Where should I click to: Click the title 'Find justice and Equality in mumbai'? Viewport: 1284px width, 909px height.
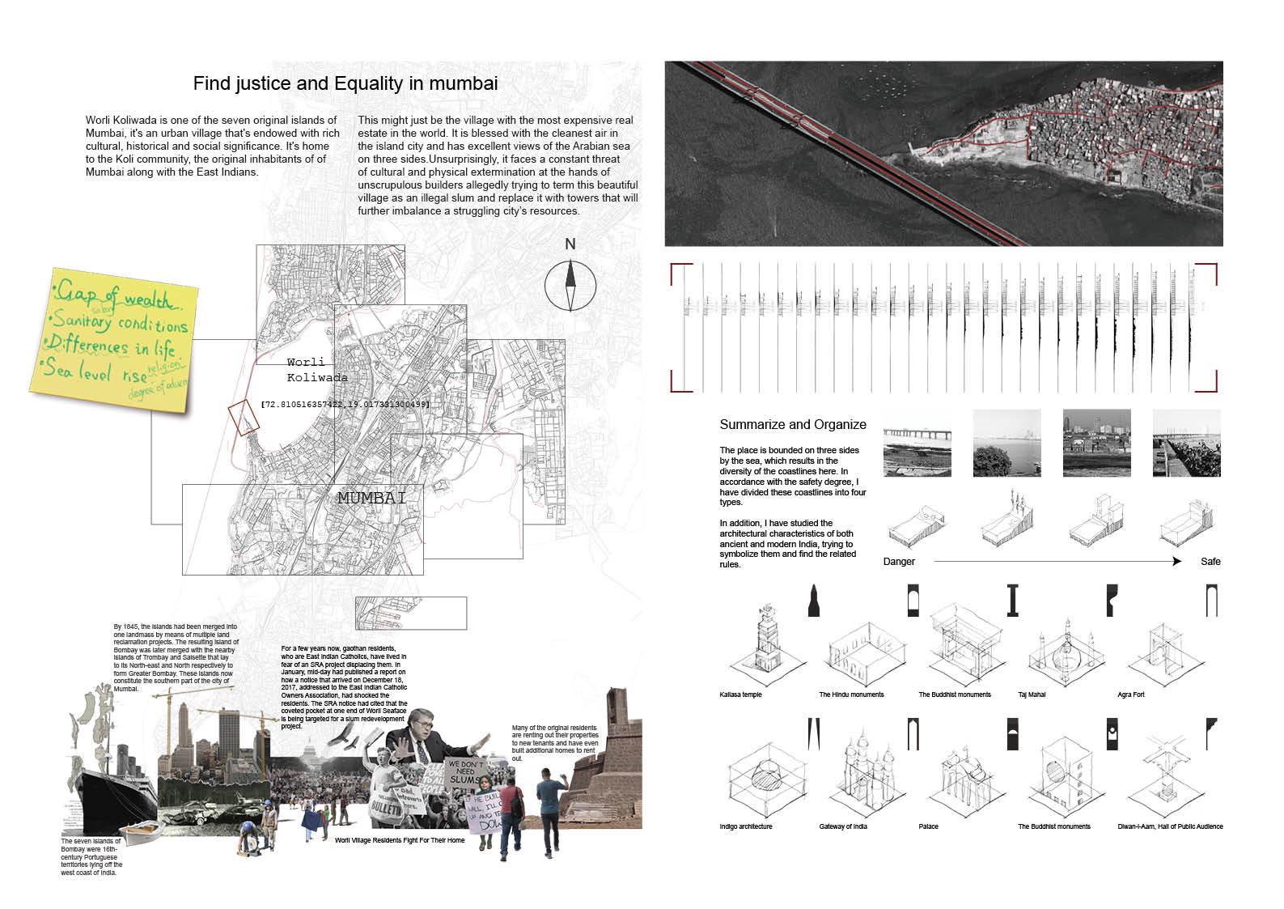tap(345, 83)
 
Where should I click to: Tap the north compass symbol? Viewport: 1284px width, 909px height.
tap(570, 283)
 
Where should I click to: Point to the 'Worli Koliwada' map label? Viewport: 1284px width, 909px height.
tap(317, 370)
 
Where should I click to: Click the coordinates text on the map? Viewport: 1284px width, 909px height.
tap(345, 402)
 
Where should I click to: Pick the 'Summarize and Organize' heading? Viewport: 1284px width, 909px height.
tap(792, 425)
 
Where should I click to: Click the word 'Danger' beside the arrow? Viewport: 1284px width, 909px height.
tap(899, 561)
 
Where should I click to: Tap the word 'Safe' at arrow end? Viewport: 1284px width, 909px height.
tap(1210, 561)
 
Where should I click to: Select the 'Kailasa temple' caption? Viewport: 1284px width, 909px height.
tap(740, 694)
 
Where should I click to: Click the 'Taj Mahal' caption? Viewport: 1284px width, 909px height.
tap(1032, 694)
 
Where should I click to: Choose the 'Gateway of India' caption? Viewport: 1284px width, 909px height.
tap(842, 826)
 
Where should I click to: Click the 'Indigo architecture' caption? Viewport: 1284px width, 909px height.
tap(745, 826)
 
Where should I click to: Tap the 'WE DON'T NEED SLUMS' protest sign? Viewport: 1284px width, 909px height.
tap(468, 773)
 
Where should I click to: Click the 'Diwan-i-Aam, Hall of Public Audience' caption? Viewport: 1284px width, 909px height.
tap(1170, 826)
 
